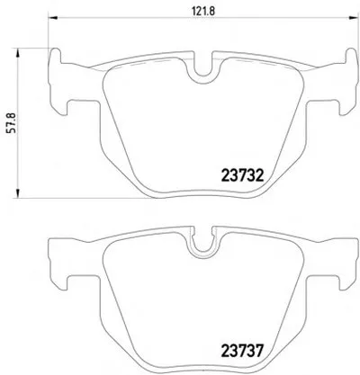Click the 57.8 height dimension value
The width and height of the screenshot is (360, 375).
click(x=12, y=122)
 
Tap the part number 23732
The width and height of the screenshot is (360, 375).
click(x=242, y=175)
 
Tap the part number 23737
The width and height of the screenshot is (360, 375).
click(x=242, y=351)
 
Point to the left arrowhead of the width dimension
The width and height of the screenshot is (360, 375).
click(x=52, y=17)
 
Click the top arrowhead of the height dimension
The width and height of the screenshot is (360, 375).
click(x=18, y=53)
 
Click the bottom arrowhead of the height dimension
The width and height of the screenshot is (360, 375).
click(x=18, y=193)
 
